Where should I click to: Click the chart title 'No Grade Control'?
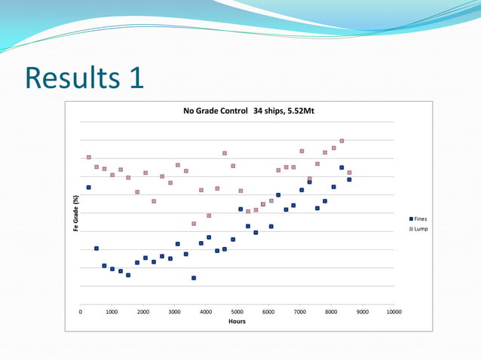point(216,111)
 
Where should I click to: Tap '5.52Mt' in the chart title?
point(298,111)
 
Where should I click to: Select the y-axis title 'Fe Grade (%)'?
point(75,213)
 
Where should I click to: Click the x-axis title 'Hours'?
point(236,322)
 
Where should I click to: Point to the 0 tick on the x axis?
point(81,310)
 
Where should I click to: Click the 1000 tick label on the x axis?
point(112,310)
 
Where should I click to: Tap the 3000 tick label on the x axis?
point(174,310)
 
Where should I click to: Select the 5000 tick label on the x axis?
point(237,310)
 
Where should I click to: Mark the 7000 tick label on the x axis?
point(299,310)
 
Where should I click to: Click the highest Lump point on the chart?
point(342,141)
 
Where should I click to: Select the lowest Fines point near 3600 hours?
point(194,278)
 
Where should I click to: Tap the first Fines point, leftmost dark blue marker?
point(88,187)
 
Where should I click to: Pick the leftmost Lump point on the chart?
point(88,157)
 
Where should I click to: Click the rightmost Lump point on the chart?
point(349,172)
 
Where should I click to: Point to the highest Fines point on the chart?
point(342,167)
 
